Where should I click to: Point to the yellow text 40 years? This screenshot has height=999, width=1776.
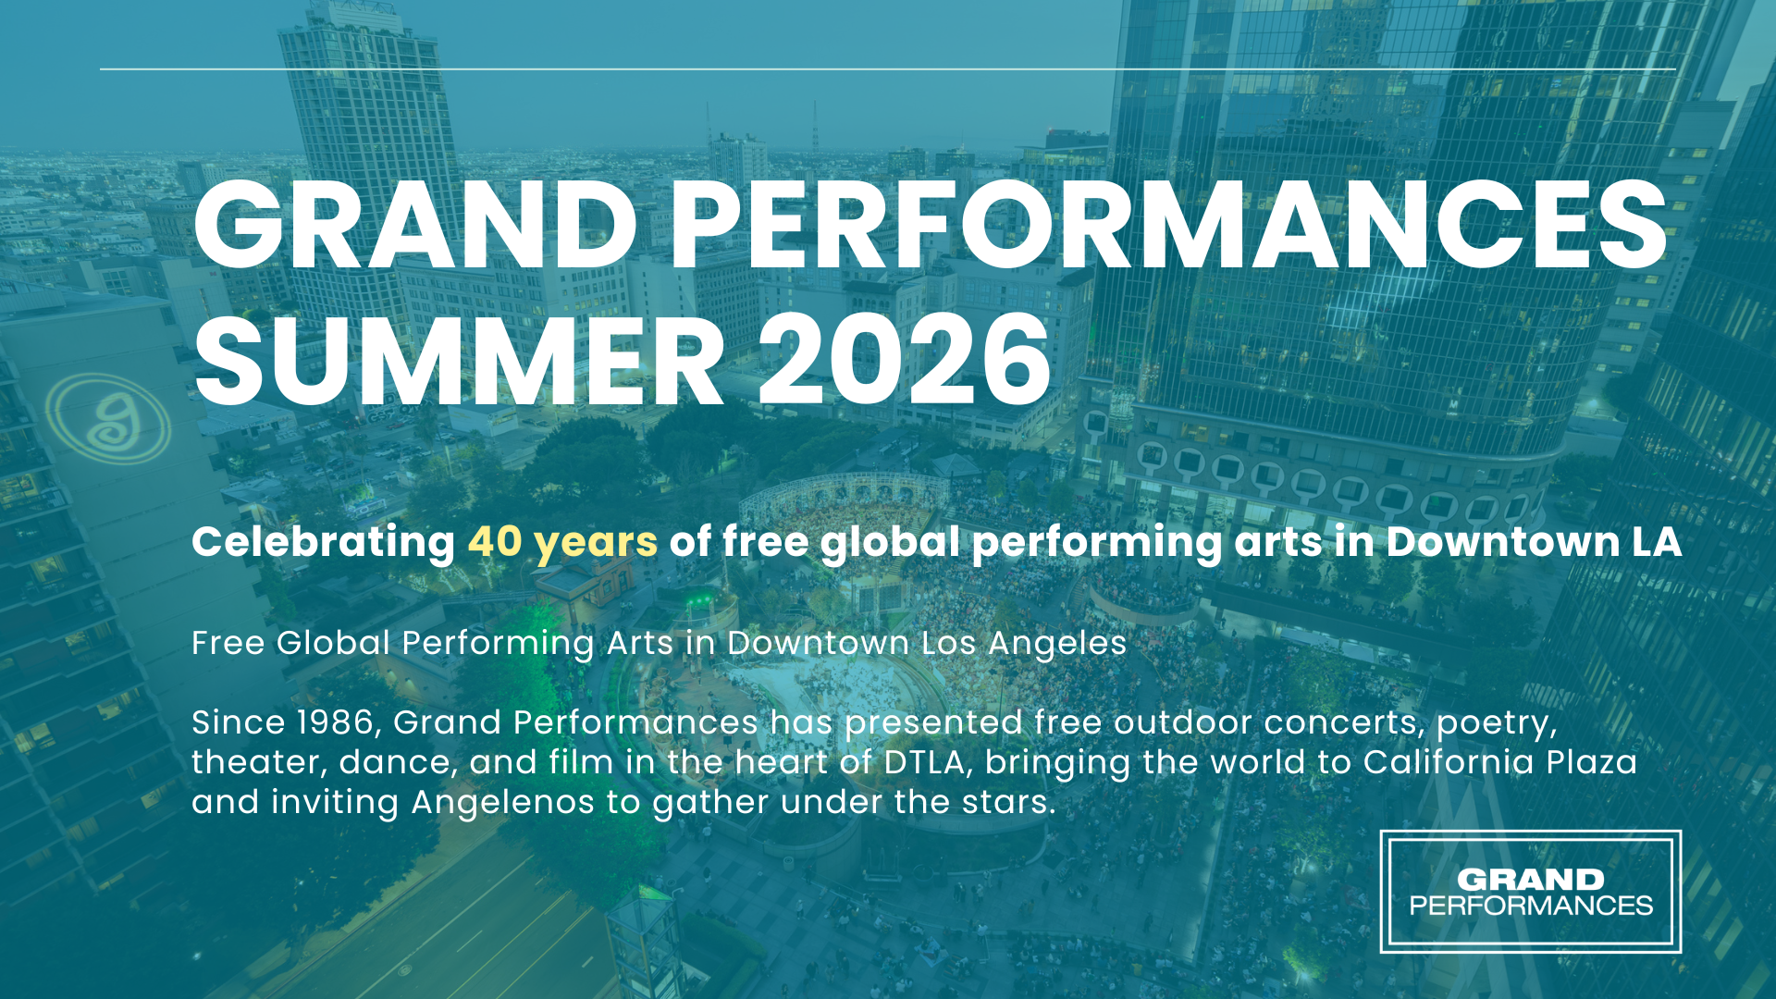(x=562, y=542)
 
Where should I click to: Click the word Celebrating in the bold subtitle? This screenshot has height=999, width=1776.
(x=323, y=542)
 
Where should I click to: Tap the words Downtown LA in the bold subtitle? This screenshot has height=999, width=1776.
(x=1533, y=542)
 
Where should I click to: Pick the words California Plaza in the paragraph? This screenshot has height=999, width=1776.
(x=1499, y=762)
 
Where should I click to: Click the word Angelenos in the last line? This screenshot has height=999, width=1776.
(x=502, y=802)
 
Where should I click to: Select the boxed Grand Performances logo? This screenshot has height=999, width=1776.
(x=1530, y=892)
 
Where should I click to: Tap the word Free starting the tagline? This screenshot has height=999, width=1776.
(x=228, y=643)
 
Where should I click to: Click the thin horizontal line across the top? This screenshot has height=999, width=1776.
(x=888, y=68)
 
